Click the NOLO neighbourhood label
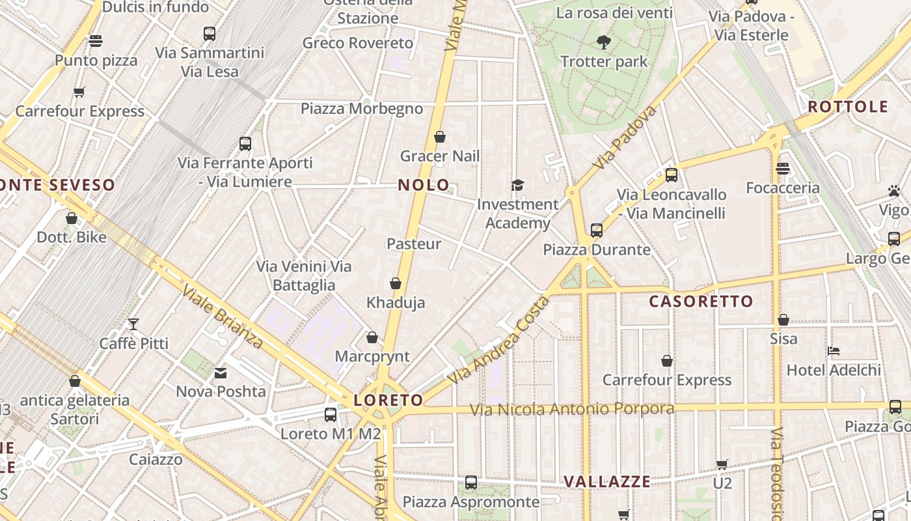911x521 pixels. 423,185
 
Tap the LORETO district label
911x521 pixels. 388,400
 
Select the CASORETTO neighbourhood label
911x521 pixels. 701,301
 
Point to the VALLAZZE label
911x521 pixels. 606,481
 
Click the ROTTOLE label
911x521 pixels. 848,107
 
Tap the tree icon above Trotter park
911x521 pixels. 604,43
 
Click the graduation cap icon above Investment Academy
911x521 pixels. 517,186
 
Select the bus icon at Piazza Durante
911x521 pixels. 596,231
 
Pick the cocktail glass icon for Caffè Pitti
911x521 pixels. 133,324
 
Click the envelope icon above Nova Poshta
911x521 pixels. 221,373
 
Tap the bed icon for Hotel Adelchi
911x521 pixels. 834,351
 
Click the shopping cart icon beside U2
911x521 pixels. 722,464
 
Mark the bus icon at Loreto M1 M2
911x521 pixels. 331,414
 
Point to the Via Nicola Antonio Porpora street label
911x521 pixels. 572,410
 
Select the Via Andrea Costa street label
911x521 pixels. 498,340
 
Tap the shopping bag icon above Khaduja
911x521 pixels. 395,284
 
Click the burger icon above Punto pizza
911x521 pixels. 96,42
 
